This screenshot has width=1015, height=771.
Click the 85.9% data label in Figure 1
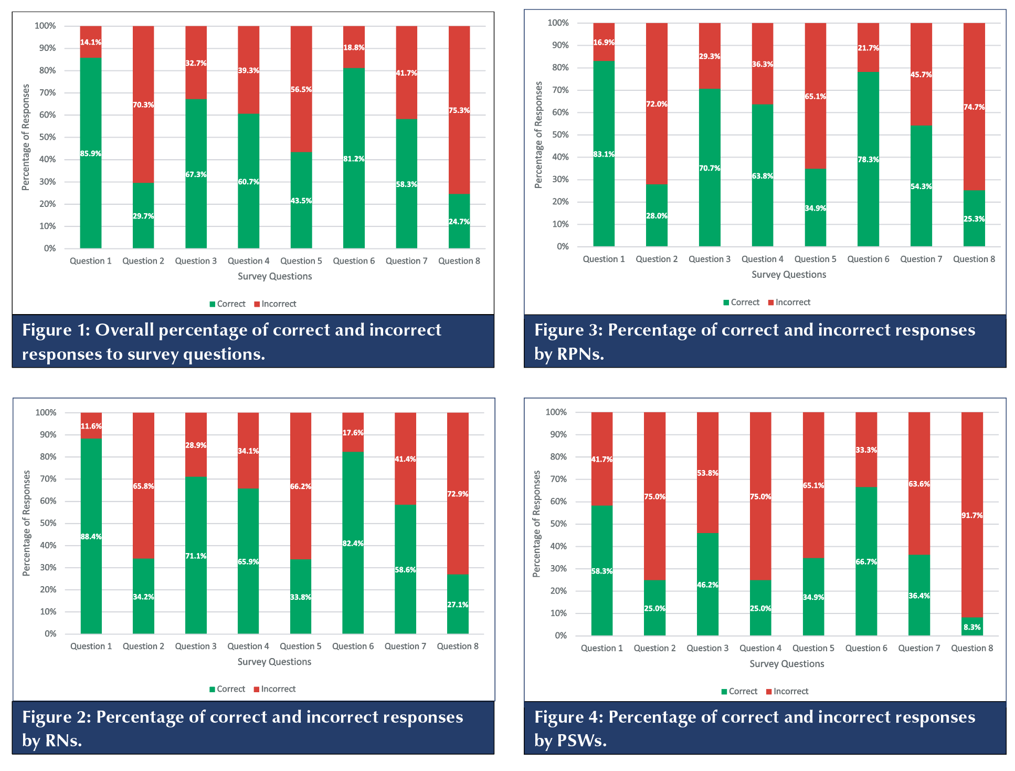point(91,154)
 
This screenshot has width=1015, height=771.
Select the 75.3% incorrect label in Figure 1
point(459,111)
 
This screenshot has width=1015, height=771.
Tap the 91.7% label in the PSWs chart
point(972,516)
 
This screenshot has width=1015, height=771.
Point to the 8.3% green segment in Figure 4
point(972,627)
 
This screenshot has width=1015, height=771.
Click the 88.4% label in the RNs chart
point(91,537)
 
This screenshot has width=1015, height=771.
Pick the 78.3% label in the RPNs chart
point(869,160)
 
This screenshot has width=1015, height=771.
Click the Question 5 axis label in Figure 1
point(301,261)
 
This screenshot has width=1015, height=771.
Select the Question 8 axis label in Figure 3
point(974,259)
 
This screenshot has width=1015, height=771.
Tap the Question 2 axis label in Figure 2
point(143,646)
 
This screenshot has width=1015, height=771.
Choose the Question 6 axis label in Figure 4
point(866,648)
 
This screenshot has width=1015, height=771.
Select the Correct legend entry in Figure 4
point(739,691)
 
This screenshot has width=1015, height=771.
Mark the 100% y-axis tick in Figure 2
point(46,413)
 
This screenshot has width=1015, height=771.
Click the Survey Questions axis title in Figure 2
point(274,662)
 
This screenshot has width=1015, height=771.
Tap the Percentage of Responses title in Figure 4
point(536,524)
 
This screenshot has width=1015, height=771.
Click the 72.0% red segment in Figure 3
point(657,104)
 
